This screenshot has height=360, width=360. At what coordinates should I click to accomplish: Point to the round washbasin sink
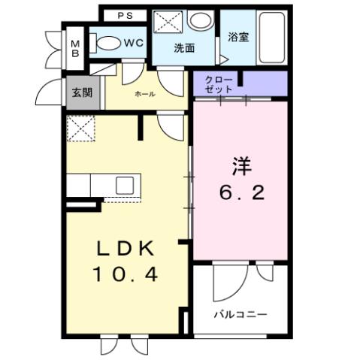pyautogui.click(x=199, y=22)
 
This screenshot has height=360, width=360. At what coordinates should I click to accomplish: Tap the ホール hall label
pyautogui.click(x=144, y=95)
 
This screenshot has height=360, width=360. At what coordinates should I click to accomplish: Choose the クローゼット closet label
pyautogui.click(x=218, y=83)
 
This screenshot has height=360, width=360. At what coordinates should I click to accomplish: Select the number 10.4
pyautogui.click(x=124, y=276)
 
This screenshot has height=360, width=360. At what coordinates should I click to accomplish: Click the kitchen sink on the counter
pyautogui.click(x=124, y=184)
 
